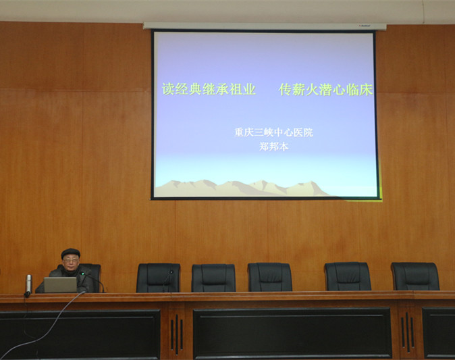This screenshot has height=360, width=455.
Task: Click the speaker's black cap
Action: point(70,253)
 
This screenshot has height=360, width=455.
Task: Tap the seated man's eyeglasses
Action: point(70,261)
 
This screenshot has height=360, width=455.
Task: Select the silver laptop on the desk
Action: point(60,284)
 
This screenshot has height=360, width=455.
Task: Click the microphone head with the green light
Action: point(82,274)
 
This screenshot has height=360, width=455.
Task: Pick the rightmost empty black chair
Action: point(415,276)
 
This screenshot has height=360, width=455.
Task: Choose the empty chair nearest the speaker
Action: point(158,278)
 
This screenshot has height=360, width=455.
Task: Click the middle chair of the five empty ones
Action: point(270,277)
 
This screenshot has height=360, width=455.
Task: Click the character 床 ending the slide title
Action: point(366,90)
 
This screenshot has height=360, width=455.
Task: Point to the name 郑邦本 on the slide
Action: point(273,147)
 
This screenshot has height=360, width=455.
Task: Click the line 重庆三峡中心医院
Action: point(273,132)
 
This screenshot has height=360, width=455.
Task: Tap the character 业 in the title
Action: point(249,89)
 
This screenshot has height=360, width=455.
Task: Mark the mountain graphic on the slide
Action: point(242,188)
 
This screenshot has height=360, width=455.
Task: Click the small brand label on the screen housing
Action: point(364,26)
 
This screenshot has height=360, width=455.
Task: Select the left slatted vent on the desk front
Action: point(177,334)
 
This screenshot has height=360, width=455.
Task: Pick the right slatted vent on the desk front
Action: point(408,332)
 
